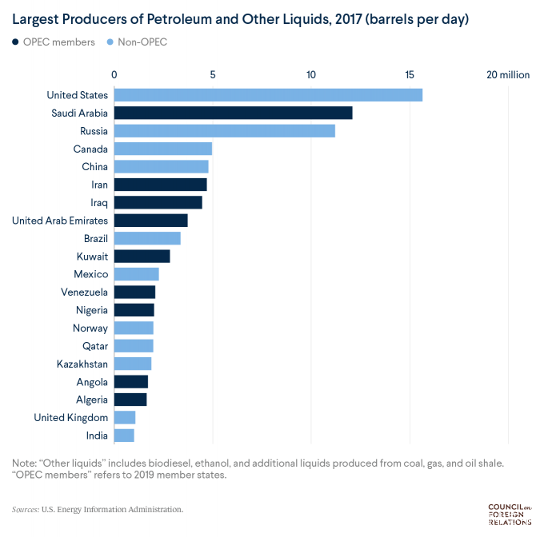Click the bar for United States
click(268, 95)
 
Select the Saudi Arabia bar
click(233, 113)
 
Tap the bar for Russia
click(224, 131)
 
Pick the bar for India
click(124, 436)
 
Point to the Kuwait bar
click(142, 257)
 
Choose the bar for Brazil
click(147, 238)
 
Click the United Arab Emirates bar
click(150, 221)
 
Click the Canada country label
click(90, 149)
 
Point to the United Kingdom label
click(71, 417)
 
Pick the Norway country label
click(90, 328)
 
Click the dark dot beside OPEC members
click(16, 41)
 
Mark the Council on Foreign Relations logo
click(510, 514)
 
